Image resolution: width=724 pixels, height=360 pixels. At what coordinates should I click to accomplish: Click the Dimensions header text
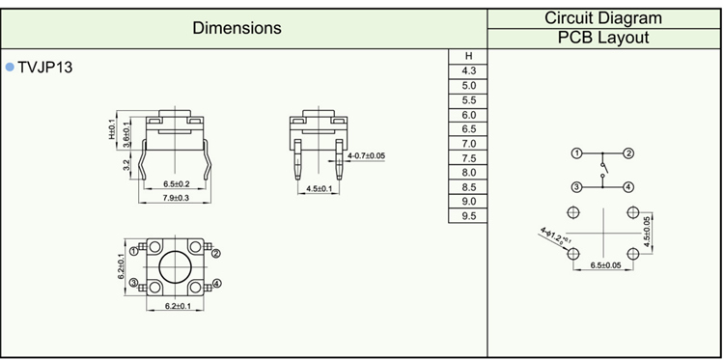click(237, 28)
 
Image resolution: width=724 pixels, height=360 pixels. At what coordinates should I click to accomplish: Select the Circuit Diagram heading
click(603, 18)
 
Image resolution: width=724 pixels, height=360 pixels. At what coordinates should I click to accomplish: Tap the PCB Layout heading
click(603, 38)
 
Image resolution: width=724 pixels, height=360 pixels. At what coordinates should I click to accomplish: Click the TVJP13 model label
click(45, 68)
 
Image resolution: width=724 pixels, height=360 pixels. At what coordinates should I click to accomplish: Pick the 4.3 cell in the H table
click(468, 71)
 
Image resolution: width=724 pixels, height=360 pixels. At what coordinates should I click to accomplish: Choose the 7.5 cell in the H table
click(468, 158)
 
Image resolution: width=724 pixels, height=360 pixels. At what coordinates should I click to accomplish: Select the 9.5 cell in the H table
click(468, 216)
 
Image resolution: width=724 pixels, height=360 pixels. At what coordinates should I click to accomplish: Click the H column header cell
click(468, 56)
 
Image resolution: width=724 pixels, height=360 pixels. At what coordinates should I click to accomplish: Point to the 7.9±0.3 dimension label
click(174, 198)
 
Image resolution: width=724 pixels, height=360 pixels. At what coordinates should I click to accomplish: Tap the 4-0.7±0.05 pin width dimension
click(366, 155)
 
